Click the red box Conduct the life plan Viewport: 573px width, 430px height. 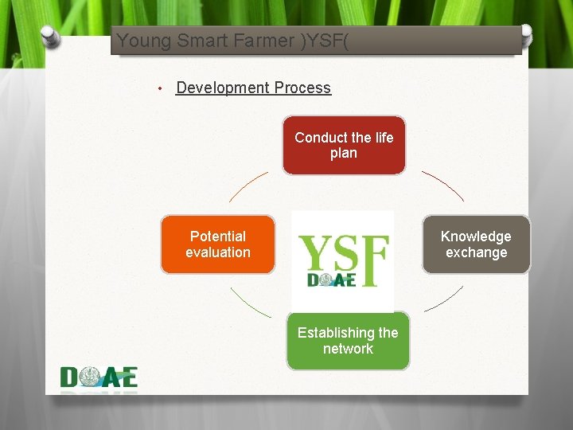(344, 145)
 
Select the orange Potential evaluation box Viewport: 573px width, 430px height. (218, 244)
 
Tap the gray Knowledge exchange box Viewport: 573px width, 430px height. (476, 244)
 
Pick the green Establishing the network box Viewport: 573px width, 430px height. (348, 341)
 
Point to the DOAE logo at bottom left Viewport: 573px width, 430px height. (99, 377)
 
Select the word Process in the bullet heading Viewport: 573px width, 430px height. (300, 88)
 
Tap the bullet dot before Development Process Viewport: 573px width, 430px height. (160, 88)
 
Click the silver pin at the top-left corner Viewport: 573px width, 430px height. (49, 35)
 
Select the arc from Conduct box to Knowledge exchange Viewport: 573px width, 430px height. (443, 185)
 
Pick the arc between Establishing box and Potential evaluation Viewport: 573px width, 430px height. (250, 303)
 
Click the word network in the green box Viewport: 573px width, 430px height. (348, 349)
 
